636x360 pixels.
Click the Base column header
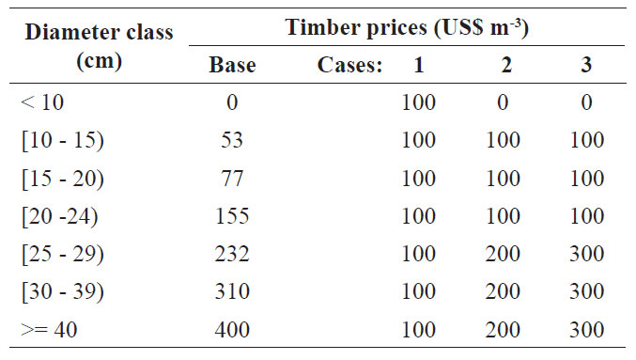pyautogui.click(x=232, y=65)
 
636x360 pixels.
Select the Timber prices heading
pyautogui.click(x=407, y=28)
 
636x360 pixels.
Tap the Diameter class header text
pyautogui.click(x=99, y=46)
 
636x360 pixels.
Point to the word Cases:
pyautogui.click(x=349, y=65)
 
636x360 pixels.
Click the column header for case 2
pyautogui.click(x=506, y=65)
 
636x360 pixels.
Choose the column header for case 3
pyautogui.click(x=586, y=65)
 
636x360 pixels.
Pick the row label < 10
pyautogui.click(x=42, y=102)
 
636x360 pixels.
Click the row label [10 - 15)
pyautogui.click(x=63, y=140)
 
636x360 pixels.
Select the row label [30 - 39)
pyautogui.click(x=63, y=291)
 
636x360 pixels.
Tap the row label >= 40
pyautogui.click(x=49, y=329)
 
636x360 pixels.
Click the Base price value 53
pyautogui.click(x=232, y=140)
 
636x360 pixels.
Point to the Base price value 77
pyautogui.click(x=232, y=179)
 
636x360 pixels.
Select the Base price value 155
pyautogui.click(x=232, y=216)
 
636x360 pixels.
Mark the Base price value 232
pyautogui.click(x=232, y=254)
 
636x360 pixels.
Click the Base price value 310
pyautogui.click(x=232, y=291)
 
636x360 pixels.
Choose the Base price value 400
pyautogui.click(x=232, y=329)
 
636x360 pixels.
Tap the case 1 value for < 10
pyautogui.click(x=419, y=102)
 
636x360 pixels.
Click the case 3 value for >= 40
pyautogui.click(x=587, y=329)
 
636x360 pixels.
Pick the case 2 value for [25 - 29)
pyautogui.click(x=503, y=254)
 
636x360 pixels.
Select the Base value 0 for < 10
pyautogui.click(x=232, y=102)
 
